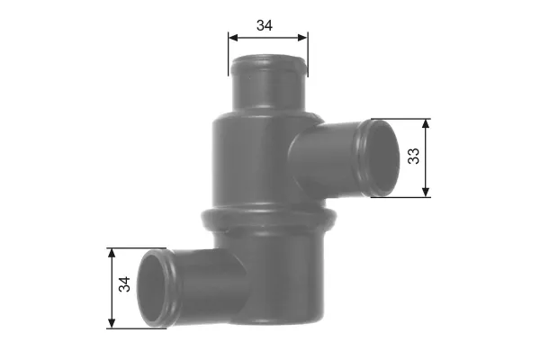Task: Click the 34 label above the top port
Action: click(264, 25)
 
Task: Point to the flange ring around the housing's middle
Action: click(267, 217)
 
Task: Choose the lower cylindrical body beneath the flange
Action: click(279, 279)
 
